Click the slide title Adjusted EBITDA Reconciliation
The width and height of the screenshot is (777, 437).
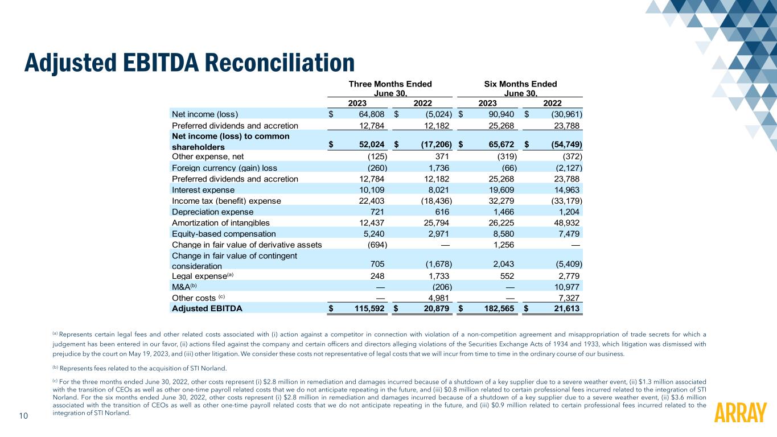click(189, 63)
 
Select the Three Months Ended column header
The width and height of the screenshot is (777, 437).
click(390, 84)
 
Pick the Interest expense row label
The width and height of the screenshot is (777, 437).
click(203, 189)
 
